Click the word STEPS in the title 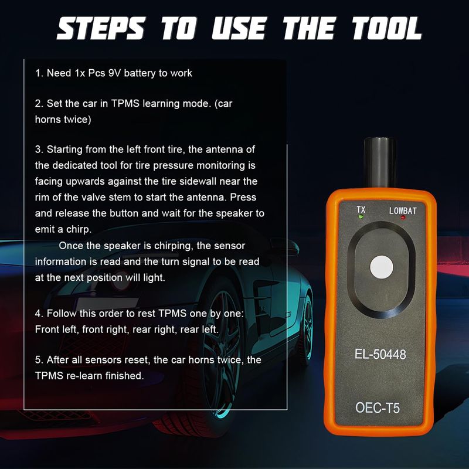pyautogui.click(x=101, y=28)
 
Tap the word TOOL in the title pyautogui.click(x=387, y=28)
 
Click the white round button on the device pyautogui.click(x=382, y=267)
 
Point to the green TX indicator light pyautogui.click(x=361, y=217)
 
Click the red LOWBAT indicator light pyautogui.click(x=403, y=217)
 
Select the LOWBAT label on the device pyautogui.click(x=403, y=210)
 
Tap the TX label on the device pyautogui.click(x=361, y=209)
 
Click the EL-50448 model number pyautogui.click(x=380, y=354)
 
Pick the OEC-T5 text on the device pyautogui.click(x=378, y=407)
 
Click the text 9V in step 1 pyautogui.click(x=114, y=73)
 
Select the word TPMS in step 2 pyautogui.click(x=125, y=104)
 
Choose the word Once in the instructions pyautogui.click(x=70, y=246)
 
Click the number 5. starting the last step pyautogui.click(x=39, y=360)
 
